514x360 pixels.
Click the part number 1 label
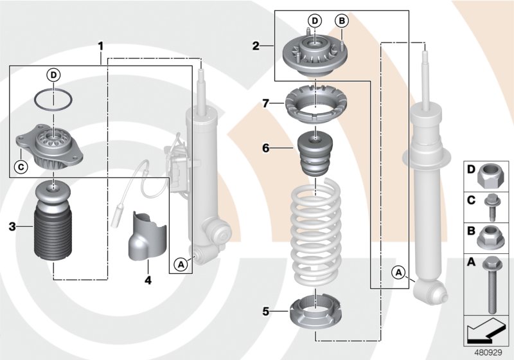100,46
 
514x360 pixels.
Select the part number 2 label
256,46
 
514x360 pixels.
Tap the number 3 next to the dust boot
12,226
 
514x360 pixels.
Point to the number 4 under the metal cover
148,280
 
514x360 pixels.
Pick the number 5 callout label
265,312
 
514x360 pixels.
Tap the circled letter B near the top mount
342,21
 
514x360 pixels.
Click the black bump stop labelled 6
315,157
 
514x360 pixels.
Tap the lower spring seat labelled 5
315,314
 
